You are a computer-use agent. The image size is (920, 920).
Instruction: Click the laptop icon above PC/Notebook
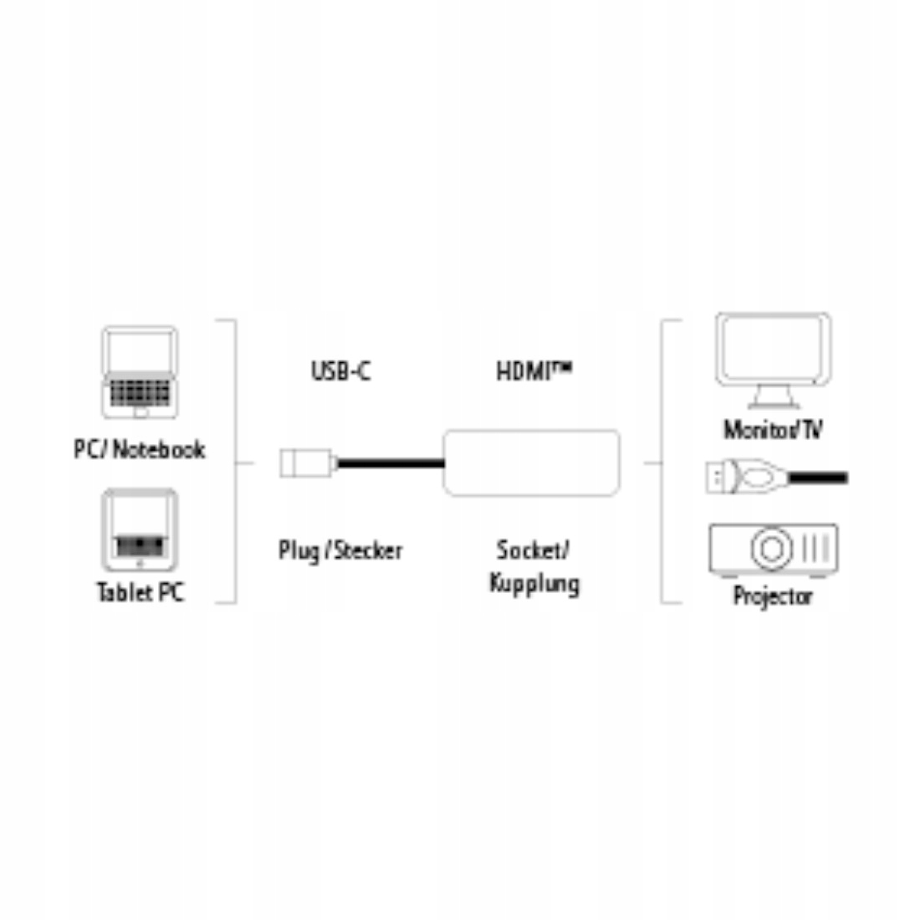point(139,371)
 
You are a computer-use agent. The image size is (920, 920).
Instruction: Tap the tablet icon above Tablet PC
point(139,529)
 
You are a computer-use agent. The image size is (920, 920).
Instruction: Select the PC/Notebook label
point(139,449)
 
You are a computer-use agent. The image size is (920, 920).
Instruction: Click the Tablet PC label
point(140,592)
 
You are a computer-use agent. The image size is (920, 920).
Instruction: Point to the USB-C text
point(340,370)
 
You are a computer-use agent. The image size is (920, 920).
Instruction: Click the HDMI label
point(534,370)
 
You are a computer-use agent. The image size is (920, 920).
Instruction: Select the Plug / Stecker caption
point(340,550)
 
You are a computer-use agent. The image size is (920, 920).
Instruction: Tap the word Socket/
point(533,549)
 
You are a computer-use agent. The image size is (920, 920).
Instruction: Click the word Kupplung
point(534,583)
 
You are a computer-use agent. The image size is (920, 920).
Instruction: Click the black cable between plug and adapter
point(389,462)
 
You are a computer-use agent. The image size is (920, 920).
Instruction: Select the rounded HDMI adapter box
point(532,463)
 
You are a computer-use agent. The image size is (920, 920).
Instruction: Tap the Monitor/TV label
point(773,430)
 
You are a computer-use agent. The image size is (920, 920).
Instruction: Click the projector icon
point(773,549)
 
